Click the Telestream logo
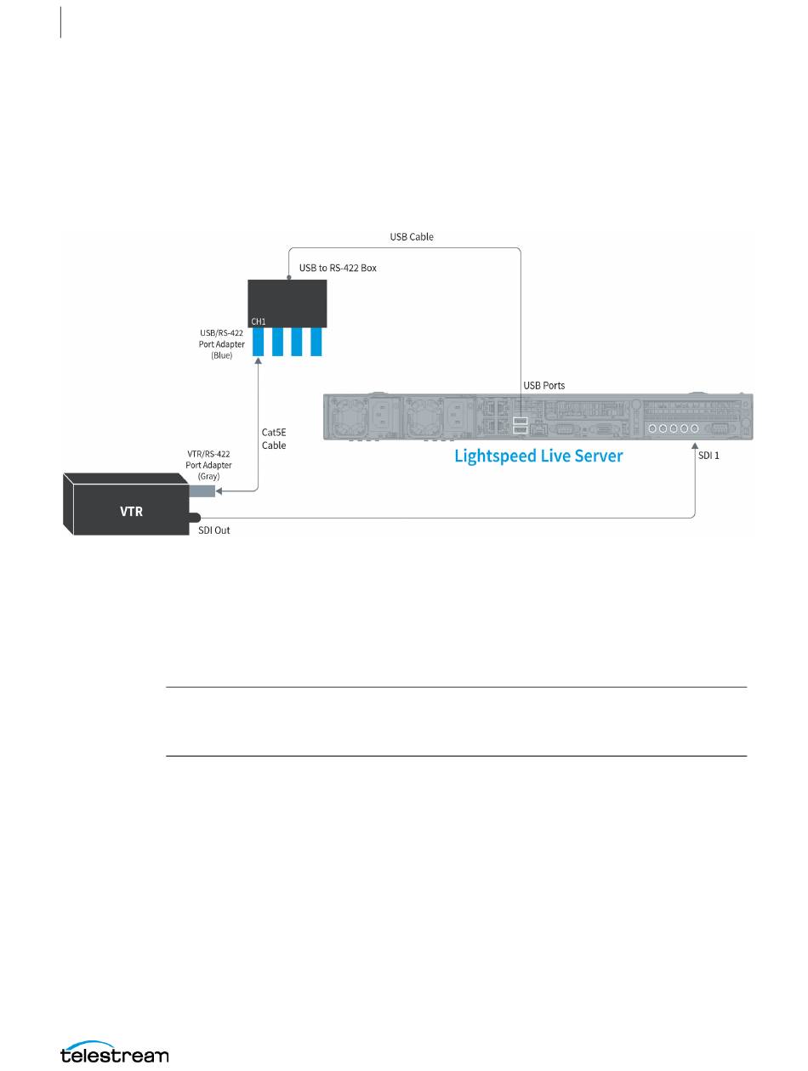[115, 1055]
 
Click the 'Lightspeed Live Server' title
[538, 456]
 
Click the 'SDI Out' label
[209, 530]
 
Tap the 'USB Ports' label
[543, 385]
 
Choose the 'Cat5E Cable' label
[274, 439]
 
